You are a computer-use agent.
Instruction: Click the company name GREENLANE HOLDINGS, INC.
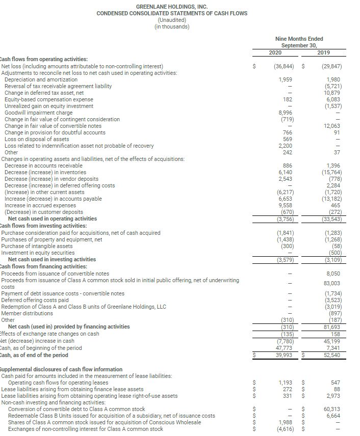coord(172,6)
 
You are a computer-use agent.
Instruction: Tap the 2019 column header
coord(323,52)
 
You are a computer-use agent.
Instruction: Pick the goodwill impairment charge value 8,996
coord(286,113)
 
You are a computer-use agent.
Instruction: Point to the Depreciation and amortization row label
coord(41,79)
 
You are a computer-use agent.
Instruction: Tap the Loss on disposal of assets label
coord(37,139)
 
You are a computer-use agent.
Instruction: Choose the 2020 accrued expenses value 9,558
coord(286,205)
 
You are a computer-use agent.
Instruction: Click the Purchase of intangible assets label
coord(37,246)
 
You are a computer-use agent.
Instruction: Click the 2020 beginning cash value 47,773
coord(285,348)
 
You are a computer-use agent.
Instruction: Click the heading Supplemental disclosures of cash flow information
coord(62,369)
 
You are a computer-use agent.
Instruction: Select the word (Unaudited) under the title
coord(172,20)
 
